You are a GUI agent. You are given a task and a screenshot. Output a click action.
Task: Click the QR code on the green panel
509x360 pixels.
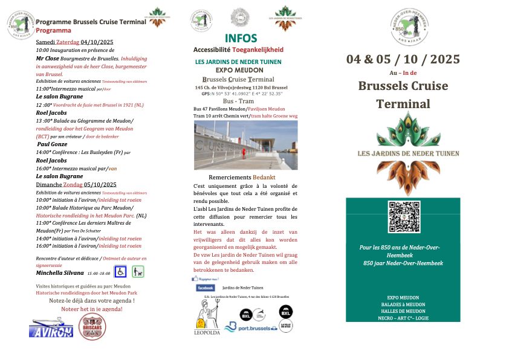(x=403, y=216)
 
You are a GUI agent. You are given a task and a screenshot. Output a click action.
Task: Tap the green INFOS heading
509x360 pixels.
(x=241, y=39)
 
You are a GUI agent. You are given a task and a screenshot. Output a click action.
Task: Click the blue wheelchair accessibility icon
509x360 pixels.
(x=120, y=272)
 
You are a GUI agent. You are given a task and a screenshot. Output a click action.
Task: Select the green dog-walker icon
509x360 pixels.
(x=138, y=272)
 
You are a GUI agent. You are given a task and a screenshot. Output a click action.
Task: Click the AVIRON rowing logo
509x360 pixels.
(x=51, y=327)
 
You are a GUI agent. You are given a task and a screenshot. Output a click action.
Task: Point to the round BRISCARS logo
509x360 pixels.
(x=92, y=327)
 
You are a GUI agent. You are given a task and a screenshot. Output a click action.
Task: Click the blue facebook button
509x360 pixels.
(x=206, y=288)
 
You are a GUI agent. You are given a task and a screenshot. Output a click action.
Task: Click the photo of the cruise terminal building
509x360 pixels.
(x=245, y=145)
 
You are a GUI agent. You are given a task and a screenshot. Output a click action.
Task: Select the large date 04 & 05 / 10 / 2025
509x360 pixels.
(x=403, y=59)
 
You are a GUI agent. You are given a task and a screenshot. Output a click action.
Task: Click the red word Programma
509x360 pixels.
(x=53, y=30)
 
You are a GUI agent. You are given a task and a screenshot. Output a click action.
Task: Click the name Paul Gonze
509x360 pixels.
(x=52, y=145)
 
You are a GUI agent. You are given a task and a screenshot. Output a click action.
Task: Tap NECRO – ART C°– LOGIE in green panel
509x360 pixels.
(x=403, y=318)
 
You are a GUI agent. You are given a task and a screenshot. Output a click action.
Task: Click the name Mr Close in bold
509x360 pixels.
(x=48, y=59)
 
